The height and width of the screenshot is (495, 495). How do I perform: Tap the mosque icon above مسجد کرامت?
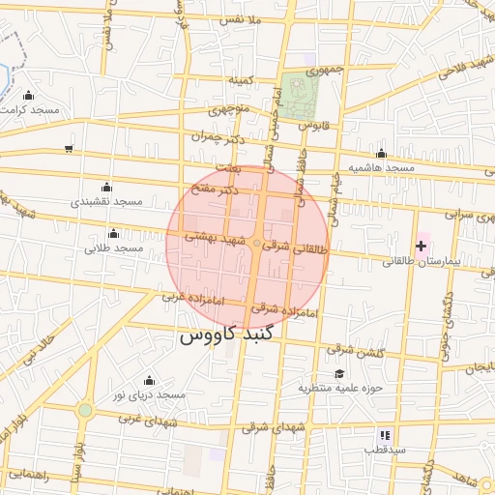[x=28, y=95]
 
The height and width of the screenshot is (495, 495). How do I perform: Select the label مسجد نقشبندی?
[x=106, y=202]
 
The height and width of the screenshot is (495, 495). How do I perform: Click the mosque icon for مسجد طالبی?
[x=114, y=233]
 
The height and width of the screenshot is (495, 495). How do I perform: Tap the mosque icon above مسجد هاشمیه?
[x=381, y=153]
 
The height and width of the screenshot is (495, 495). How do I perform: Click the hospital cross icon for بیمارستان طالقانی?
[x=421, y=247]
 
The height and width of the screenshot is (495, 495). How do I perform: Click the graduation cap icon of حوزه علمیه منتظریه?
[x=338, y=373]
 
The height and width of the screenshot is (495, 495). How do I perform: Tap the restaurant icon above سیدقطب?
[x=385, y=435]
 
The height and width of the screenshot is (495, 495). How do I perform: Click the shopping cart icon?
[x=68, y=148]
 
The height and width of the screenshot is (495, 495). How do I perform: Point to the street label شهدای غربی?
[x=144, y=420]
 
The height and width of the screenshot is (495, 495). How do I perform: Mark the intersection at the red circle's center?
[x=256, y=246]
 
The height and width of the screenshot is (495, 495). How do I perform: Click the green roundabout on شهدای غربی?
[x=85, y=410]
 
